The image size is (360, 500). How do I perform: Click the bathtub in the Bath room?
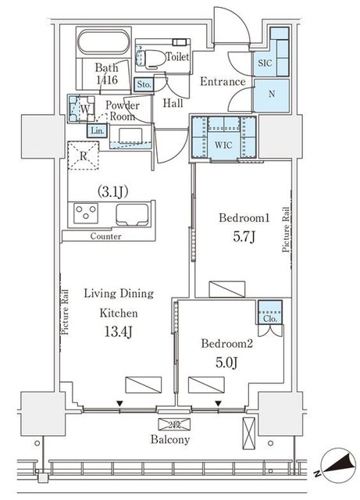coord(104,41)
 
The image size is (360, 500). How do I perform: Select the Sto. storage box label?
coord(144,84)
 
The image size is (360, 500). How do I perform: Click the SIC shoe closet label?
coord(265,62)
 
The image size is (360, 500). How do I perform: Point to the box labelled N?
coord(271,95)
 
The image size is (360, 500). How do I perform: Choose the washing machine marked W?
coord(82,109)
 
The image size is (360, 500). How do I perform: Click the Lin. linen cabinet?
coord(98,130)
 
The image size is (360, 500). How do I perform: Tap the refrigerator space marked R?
coord(84,156)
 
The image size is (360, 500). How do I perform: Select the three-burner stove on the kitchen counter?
coord(85,213)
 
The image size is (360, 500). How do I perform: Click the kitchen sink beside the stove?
coord(132,215)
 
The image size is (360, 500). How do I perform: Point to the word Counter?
coord(105,236)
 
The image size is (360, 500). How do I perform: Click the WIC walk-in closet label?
coord(223,145)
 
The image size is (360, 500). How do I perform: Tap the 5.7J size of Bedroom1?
coord(244,237)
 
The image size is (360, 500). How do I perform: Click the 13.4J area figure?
coord(118,332)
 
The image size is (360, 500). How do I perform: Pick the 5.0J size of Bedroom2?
coord(226,362)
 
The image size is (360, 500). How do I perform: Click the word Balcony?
coord(170,439)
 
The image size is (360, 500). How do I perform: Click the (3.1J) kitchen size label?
coord(112,191)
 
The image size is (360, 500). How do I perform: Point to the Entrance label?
coord(223,82)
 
